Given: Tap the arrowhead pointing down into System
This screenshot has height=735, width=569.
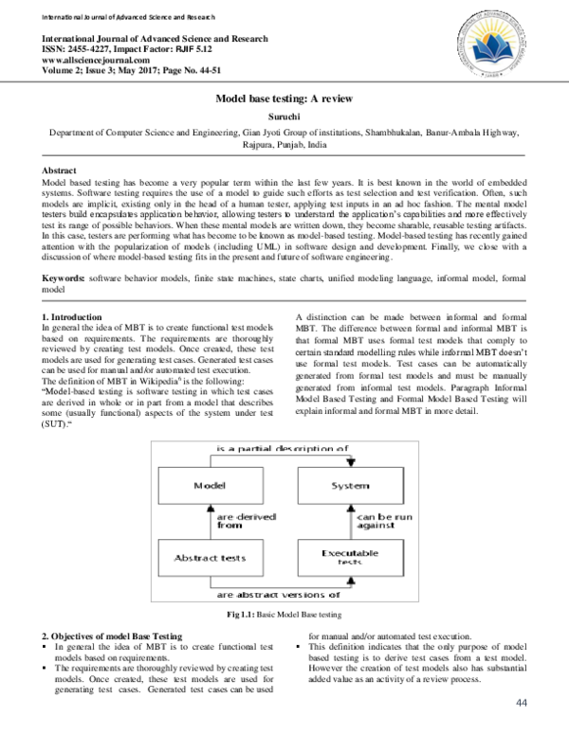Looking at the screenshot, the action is point(352,463).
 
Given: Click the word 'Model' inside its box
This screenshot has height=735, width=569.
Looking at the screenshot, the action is point(208,486).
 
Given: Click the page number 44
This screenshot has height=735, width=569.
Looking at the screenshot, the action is point(521,702).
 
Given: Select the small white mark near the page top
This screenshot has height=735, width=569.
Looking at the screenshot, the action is point(276,144).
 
